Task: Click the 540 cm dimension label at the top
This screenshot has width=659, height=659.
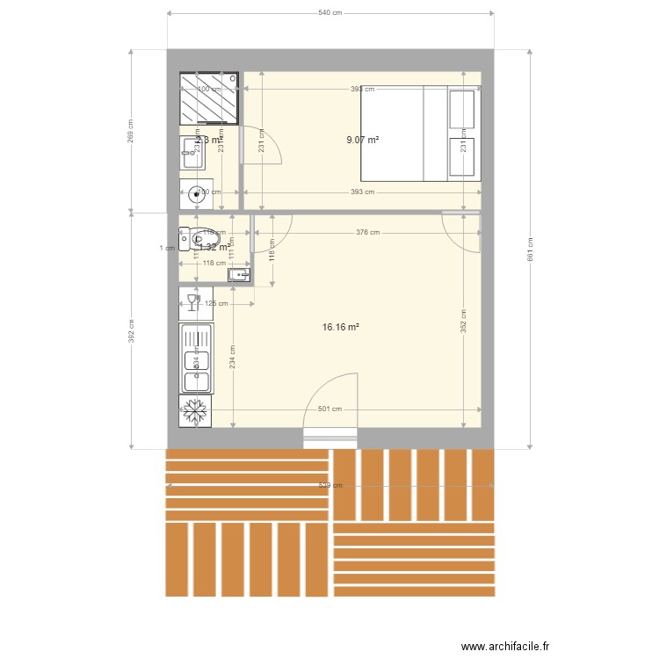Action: click(329, 13)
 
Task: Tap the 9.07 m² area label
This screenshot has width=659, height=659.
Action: click(363, 140)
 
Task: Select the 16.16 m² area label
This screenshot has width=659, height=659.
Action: click(341, 327)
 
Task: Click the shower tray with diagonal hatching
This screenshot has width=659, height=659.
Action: click(209, 99)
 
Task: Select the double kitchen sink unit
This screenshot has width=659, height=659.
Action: click(196, 358)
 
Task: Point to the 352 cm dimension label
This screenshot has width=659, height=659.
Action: click(464, 322)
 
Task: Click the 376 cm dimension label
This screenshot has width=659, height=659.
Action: click(367, 233)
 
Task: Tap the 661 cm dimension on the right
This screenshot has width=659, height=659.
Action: click(530, 249)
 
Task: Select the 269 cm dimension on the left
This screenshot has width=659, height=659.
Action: click(131, 131)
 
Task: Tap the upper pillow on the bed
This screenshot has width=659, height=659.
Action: click(462, 109)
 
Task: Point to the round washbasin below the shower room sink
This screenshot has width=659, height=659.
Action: click(195, 195)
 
